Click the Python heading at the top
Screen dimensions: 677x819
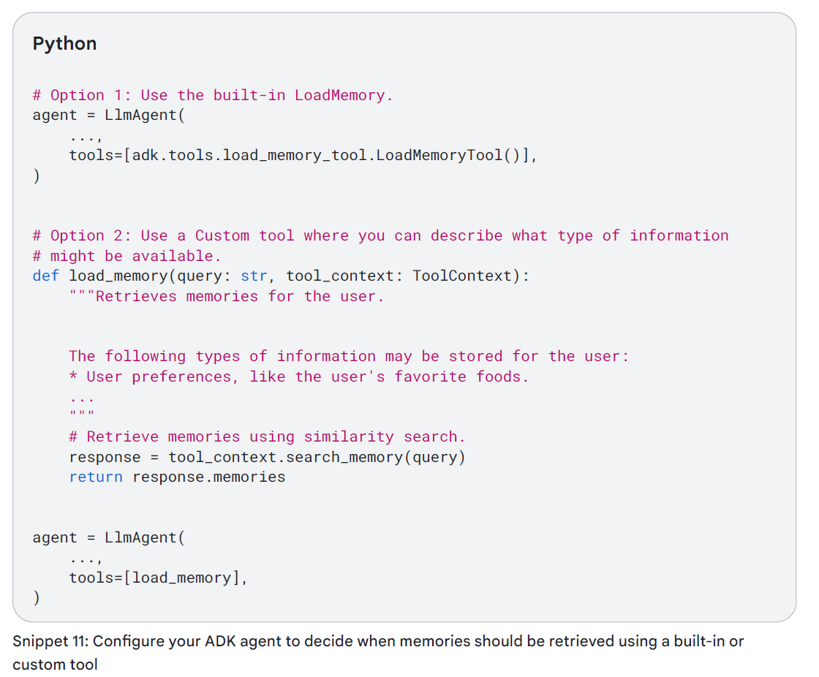[64, 44]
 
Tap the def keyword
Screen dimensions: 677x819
[46, 276]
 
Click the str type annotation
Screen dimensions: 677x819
[254, 276]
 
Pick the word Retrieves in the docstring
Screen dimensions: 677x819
[136, 296]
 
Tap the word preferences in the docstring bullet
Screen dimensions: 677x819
[186, 377]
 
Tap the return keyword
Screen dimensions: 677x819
[96, 477]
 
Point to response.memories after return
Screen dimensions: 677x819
[208, 477]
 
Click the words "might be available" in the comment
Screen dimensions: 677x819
[135, 256]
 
